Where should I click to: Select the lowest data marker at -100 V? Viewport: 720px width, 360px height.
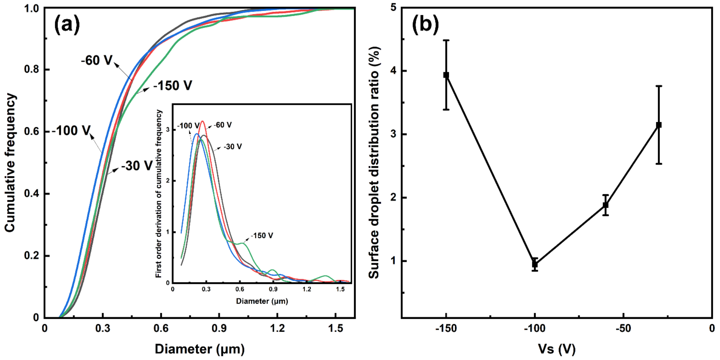[x=535, y=264]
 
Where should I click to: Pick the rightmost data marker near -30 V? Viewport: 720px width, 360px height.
[x=659, y=125]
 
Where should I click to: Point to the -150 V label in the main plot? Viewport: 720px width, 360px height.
[x=173, y=85]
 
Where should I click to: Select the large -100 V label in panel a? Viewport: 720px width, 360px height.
[x=72, y=130]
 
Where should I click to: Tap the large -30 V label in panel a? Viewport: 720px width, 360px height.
[x=137, y=166]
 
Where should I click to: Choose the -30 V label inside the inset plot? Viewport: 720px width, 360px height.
[x=233, y=146]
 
